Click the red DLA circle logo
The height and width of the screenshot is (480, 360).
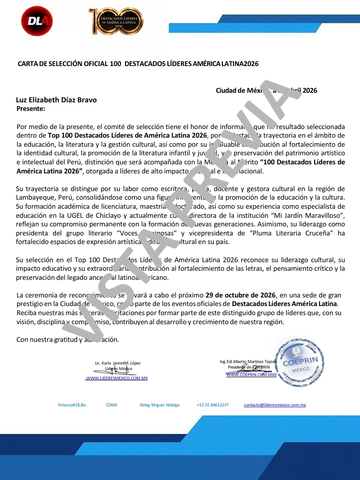click(37, 21)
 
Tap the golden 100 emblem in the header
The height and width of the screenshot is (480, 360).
click(115, 21)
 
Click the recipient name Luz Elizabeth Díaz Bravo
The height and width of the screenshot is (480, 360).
click(56, 100)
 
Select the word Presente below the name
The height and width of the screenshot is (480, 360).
click(31, 108)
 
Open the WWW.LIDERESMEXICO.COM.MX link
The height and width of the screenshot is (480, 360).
click(116, 378)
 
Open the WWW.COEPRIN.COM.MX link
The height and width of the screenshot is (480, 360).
click(251, 375)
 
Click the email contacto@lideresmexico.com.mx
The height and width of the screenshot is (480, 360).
click(275, 405)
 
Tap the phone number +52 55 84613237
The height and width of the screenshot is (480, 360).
click(212, 405)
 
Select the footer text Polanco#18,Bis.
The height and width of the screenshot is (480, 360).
click(73, 405)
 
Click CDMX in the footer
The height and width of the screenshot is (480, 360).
click(111, 405)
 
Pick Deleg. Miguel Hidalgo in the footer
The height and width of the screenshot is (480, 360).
click(159, 405)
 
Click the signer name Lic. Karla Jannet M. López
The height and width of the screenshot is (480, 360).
click(117, 363)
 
